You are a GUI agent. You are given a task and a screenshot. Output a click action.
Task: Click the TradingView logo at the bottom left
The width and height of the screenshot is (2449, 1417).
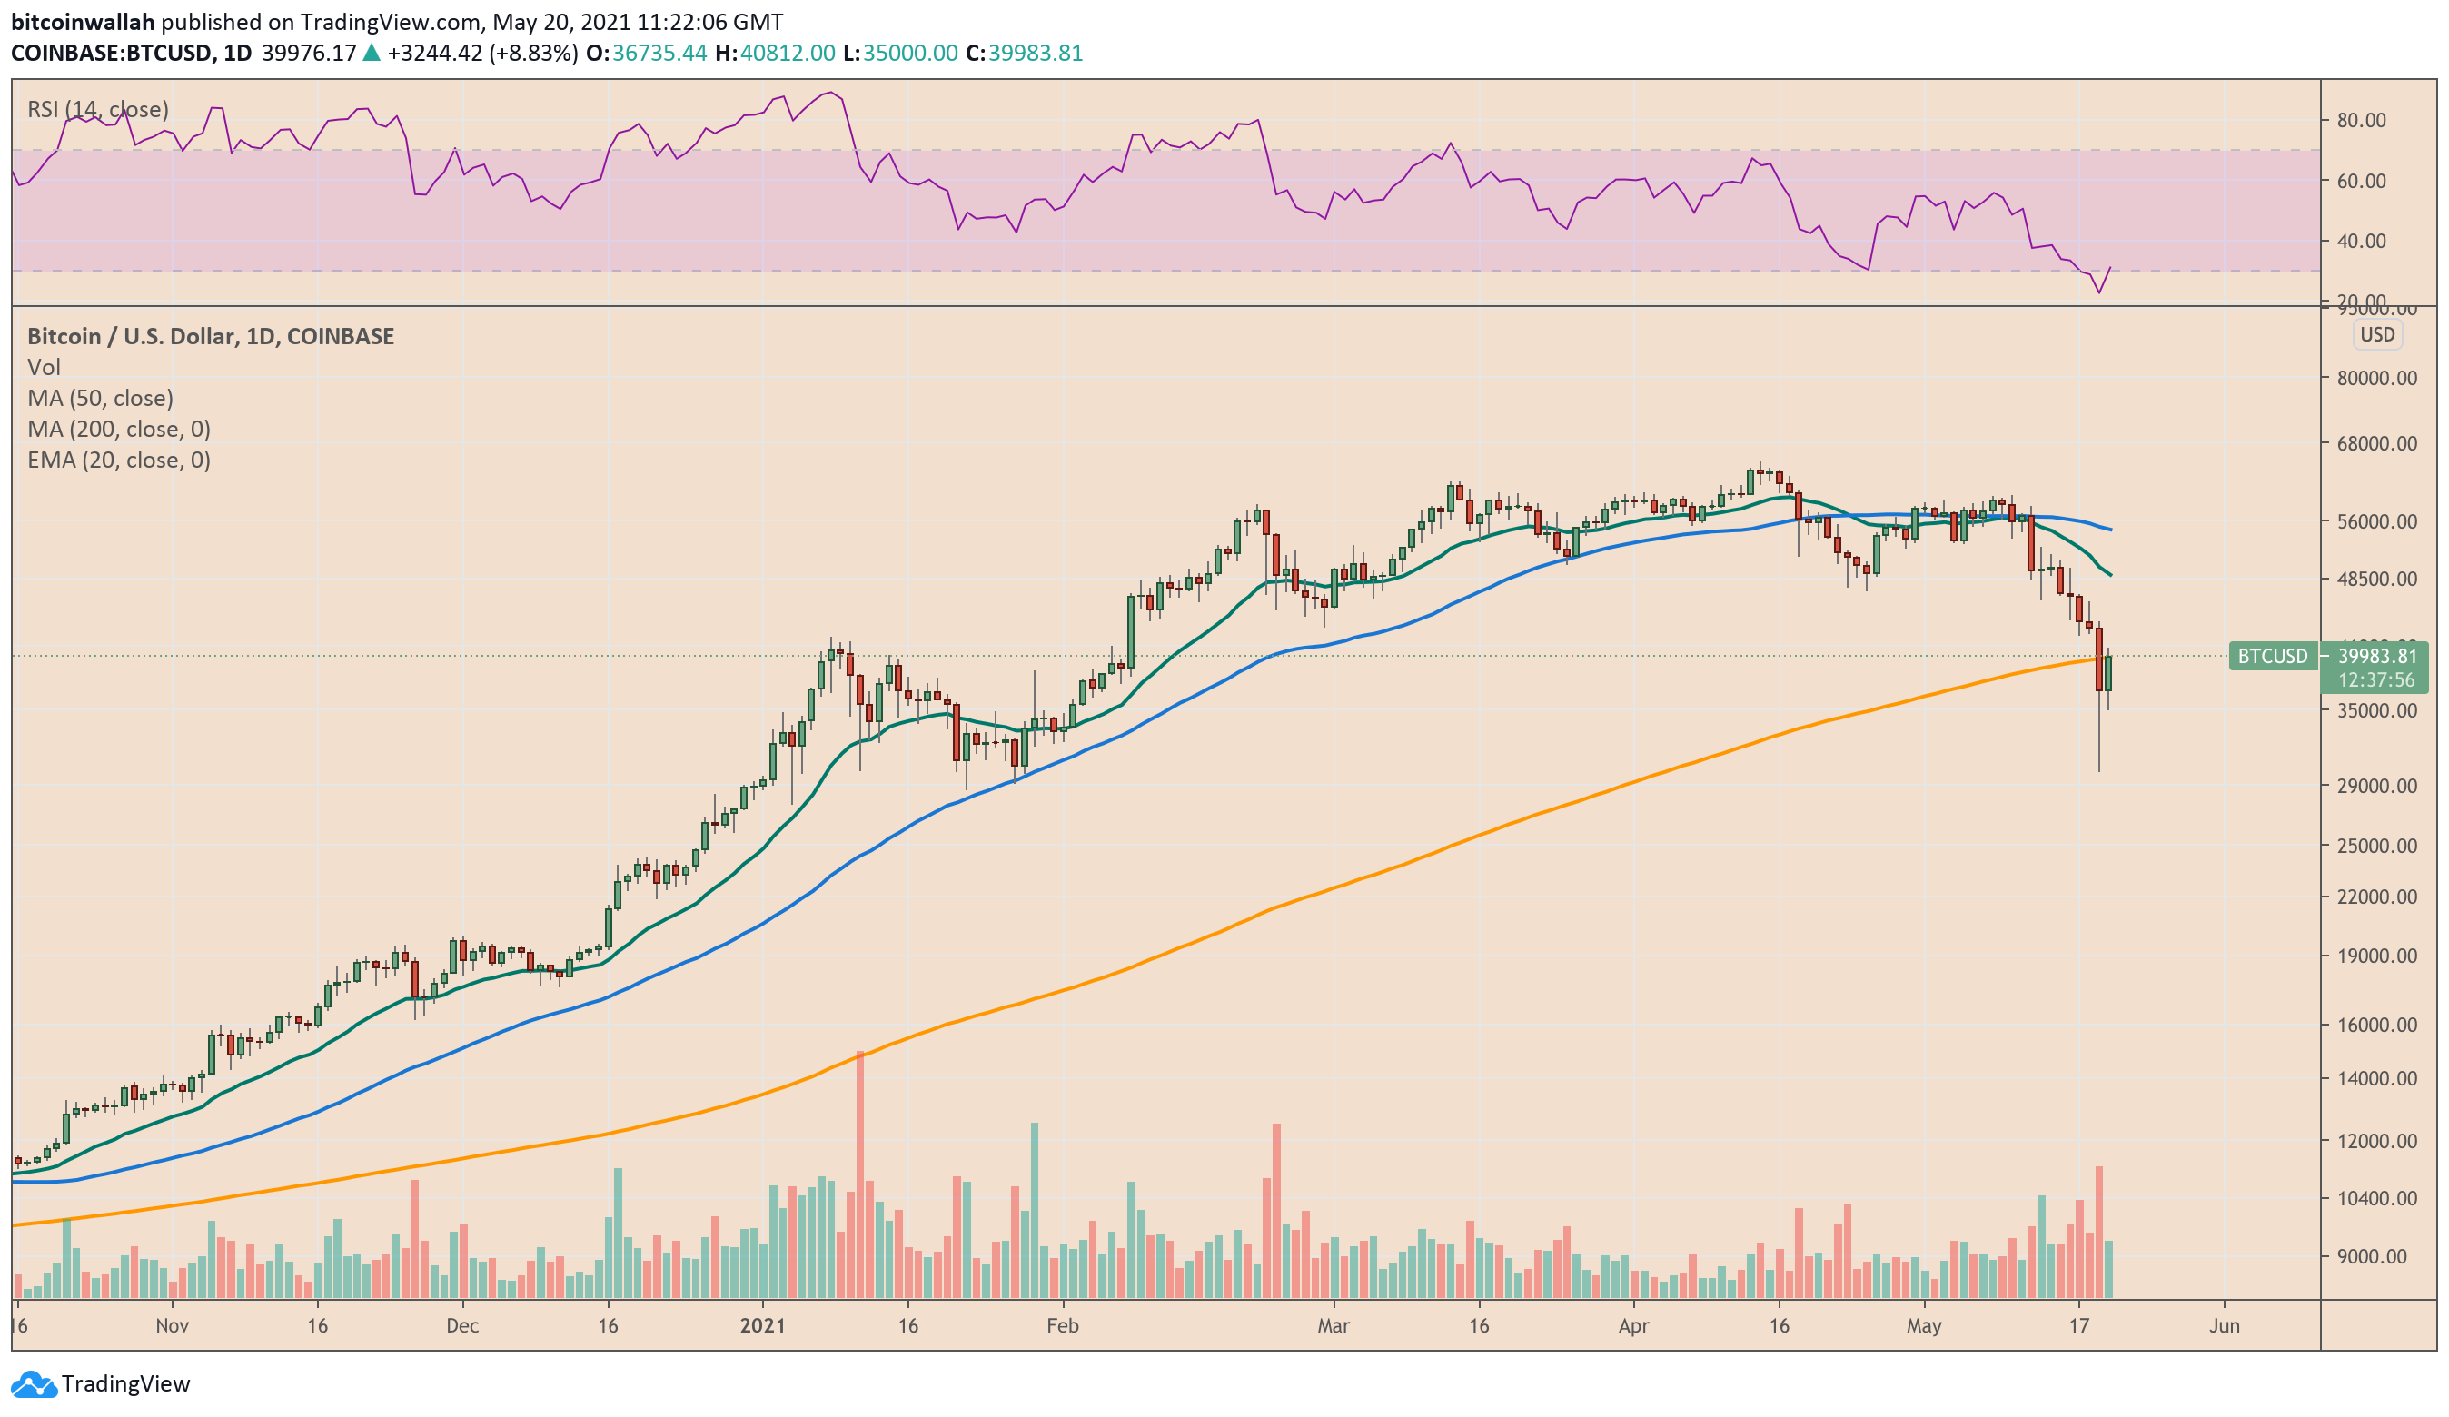[101, 1383]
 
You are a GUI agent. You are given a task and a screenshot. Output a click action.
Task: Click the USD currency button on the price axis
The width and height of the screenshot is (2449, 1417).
[2377, 334]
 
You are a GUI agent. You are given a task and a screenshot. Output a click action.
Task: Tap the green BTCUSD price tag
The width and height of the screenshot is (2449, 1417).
[2273, 656]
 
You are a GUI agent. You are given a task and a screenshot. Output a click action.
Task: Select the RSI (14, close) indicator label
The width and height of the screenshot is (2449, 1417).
[97, 109]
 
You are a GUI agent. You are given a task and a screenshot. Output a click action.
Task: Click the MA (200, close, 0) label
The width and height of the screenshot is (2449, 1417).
[119, 429]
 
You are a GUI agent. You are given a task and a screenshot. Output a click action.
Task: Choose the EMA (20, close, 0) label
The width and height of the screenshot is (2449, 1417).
[119, 460]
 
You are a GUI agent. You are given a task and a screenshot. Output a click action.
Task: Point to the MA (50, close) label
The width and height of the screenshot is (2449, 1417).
[100, 398]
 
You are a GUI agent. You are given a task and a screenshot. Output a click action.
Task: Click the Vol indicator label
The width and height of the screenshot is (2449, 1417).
[44, 366]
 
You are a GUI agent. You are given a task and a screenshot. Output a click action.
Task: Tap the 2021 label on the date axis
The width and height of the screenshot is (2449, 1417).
[762, 1325]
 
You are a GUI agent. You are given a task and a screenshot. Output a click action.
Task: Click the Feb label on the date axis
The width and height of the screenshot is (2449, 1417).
[1062, 1325]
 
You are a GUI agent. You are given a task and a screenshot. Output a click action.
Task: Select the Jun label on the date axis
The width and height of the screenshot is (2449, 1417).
[2224, 1325]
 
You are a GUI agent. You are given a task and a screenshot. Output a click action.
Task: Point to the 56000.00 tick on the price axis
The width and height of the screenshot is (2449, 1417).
[2376, 520]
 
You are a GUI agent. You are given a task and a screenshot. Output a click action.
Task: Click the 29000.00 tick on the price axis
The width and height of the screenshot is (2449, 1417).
[2376, 786]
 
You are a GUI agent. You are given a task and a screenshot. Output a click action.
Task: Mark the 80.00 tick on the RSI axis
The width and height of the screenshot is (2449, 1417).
[2361, 121]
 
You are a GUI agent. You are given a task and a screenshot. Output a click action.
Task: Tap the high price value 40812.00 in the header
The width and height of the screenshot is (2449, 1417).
[788, 53]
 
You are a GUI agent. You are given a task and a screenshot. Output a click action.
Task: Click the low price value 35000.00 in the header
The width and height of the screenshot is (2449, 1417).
[909, 53]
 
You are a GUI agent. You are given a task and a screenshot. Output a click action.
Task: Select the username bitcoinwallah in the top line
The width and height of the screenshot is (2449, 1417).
[83, 22]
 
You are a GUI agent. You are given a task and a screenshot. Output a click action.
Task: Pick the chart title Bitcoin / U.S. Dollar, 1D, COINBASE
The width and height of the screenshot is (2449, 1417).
[211, 336]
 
